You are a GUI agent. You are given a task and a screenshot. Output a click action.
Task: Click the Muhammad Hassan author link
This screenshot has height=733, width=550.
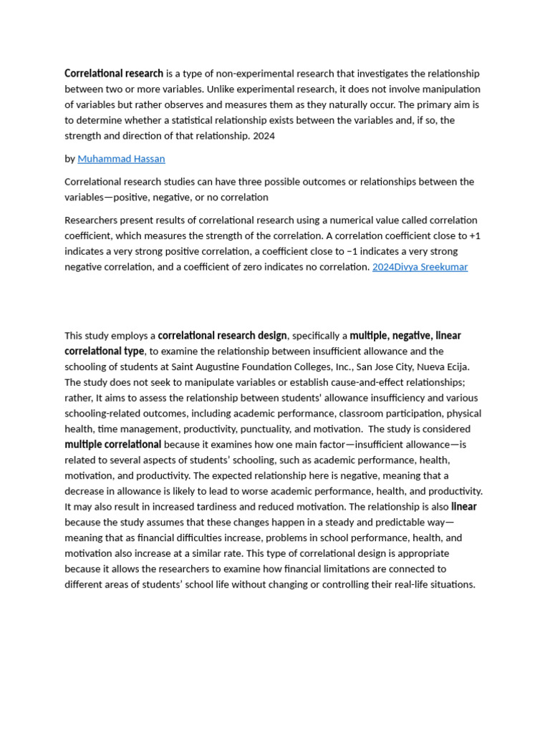pos(121,159)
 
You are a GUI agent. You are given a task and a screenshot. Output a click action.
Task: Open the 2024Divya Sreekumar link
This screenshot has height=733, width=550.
pos(420,267)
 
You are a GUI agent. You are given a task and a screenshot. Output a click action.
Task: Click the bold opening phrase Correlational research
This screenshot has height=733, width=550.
pos(114,74)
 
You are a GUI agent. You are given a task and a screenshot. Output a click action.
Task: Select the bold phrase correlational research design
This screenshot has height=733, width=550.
pos(222,336)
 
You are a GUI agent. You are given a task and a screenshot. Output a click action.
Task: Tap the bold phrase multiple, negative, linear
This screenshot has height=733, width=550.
pos(405,336)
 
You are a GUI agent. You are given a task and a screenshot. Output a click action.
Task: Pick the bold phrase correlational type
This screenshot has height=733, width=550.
pos(104,351)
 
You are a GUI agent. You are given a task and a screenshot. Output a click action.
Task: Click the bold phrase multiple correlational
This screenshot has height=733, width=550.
pos(112,445)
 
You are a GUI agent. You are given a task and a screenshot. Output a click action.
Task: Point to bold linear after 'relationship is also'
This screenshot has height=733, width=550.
pos(463,507)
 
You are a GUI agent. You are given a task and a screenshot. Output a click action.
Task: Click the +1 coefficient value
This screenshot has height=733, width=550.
pos(475,236)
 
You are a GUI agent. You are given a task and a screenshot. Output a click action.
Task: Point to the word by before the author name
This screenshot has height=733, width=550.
pos(69,159)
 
